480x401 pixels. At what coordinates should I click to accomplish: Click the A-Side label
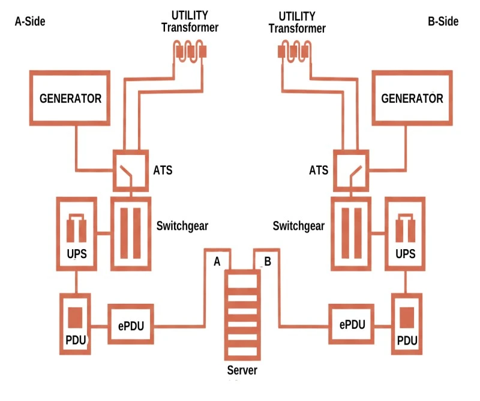click(x=29, y=22)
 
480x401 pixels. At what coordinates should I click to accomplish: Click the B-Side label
click(x=443, y=22)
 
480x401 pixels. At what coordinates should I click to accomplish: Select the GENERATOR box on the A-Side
click(x=70, y=98)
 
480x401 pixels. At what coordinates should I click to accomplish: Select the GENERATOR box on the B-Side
click(x=412, y=98)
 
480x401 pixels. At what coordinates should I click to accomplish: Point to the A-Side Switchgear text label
click(x=182, y=226)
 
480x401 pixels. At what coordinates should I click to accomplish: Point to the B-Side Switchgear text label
click(x=299, y=226)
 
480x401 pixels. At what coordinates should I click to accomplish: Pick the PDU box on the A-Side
click(x=75, y=324)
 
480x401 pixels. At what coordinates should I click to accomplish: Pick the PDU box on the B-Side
click(x=407, y=324)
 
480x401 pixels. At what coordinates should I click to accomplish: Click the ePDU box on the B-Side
click(x=351, y=325)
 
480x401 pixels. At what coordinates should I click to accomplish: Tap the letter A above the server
click(x=217, y=261)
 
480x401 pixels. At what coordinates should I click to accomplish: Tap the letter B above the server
click(x=268, y=261)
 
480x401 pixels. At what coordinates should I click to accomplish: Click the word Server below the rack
click(x=242, y=370)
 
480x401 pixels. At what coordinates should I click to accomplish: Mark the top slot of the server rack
click(x=242, y=283)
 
